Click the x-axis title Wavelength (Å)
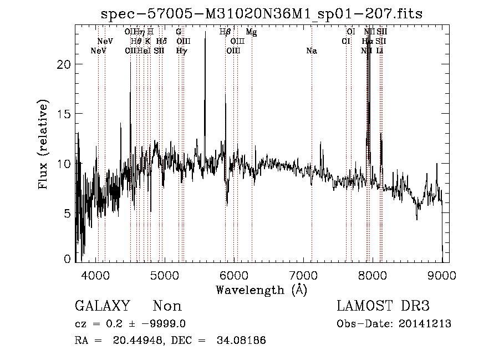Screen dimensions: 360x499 (261, 289)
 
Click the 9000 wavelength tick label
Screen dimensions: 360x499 (442, 275)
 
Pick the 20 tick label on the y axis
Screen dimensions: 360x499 (65, 64)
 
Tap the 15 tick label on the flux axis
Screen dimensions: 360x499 (65, 114)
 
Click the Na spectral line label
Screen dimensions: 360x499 (312, 51)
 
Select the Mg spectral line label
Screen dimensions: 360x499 (252, 32)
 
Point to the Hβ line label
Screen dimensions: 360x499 (225, 32)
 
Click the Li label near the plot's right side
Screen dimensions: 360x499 (380, 51)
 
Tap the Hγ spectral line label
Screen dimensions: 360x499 (181, 51)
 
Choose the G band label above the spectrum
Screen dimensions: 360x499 (179, 32)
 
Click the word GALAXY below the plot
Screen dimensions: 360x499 (102, 306)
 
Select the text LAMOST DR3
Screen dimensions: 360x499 (383, 306)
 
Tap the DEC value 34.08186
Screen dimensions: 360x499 (241, 341)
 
